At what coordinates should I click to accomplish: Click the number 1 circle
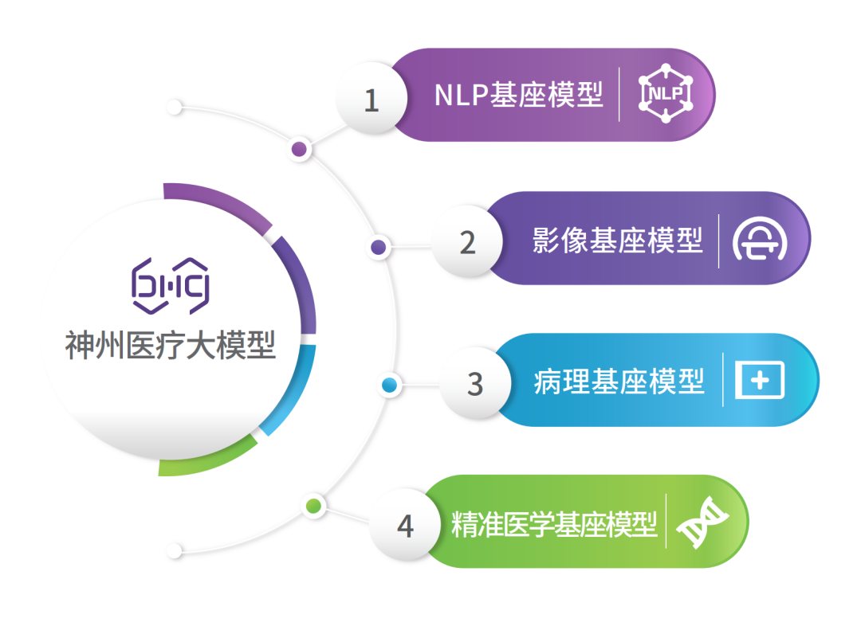[372, 98]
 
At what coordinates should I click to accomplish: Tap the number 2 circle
[467, 241]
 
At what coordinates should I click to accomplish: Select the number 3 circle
[475, 382]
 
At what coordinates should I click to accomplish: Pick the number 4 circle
[405, 524]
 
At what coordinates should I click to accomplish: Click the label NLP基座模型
[518, 95]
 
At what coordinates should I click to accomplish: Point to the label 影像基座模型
[617, 241]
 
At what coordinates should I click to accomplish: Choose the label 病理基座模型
[619, 382]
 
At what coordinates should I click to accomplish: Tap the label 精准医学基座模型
[554, 524]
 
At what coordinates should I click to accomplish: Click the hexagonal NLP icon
[666, 93]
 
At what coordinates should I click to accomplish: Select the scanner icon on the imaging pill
[760, 239]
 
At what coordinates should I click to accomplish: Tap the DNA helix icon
[702, 522]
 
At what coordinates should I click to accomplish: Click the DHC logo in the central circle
[171, 286]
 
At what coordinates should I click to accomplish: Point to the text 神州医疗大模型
[171, 345]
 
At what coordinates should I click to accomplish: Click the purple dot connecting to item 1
[299, 149]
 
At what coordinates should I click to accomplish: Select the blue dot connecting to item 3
[389, 385]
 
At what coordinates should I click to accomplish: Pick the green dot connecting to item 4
[313, 506]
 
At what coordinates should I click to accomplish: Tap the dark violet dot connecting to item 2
[379, 247]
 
